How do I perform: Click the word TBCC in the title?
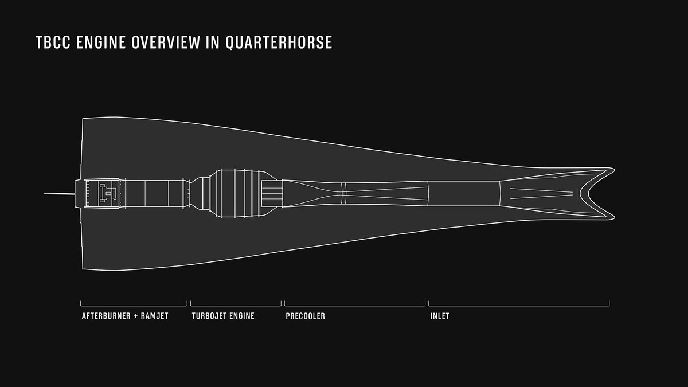(x=51, y=44)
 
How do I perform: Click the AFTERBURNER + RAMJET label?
(x=125, y=316)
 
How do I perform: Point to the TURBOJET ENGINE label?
(x=223, y=316)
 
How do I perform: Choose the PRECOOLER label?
(x=305, y=316)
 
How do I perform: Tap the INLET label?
(x=440, y=316)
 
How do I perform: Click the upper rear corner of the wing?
(x=84, y=119)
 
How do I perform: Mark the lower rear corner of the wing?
(x=84, y=268)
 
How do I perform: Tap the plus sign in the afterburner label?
(x=135, y=316)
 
